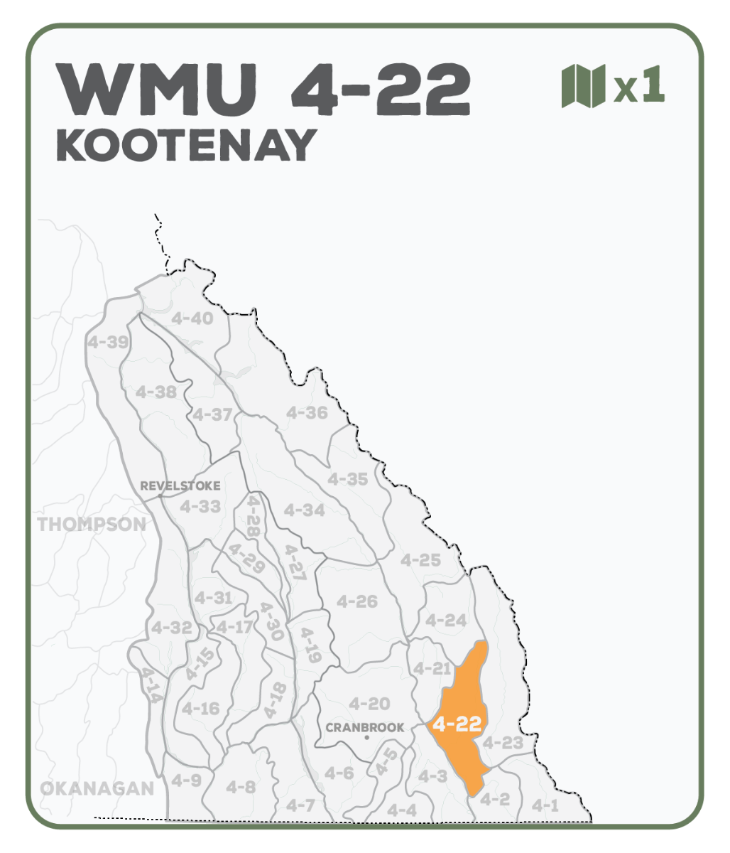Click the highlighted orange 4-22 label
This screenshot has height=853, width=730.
(457, 724)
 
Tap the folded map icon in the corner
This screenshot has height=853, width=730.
(583, 86)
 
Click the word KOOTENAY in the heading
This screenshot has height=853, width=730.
(186, 145)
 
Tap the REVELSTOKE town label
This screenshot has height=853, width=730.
(180, 486)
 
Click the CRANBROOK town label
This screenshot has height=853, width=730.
(364, 727)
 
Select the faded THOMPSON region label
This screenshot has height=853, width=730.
(92, 525)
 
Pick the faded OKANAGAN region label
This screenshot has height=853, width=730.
(97, 788)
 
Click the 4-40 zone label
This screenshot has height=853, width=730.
(192, 318)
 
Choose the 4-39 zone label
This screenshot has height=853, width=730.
(108, 343)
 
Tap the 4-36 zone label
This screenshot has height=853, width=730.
(307, 413)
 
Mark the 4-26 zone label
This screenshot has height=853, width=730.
(356, 601)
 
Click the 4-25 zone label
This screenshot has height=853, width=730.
(420, 560)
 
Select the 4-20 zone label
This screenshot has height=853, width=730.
(369, 704)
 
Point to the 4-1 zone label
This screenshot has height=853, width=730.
(545, 805)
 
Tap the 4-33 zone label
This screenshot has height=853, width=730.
(200, 507)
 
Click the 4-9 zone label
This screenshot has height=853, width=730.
(186, 780)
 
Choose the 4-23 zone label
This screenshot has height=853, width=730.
(502, 743)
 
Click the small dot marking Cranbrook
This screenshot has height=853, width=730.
(366, 738)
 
